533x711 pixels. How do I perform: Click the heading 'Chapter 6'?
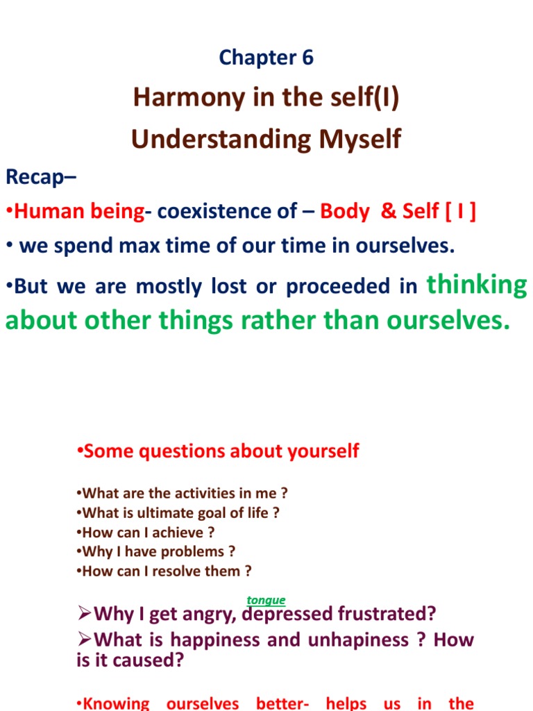click(266, 58)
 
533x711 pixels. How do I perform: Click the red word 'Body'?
click(344, 212)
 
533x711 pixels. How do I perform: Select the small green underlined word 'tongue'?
click(266, 601)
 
